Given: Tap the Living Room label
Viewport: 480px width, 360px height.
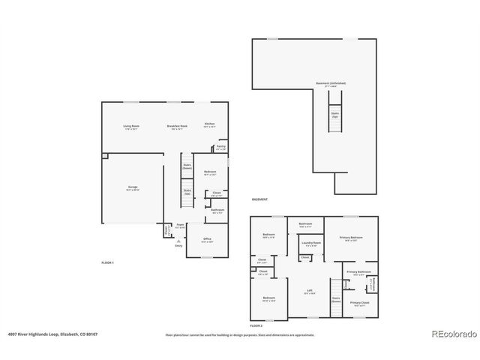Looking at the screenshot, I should tap(131, 127).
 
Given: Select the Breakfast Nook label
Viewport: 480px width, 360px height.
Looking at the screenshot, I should tap(178, 127).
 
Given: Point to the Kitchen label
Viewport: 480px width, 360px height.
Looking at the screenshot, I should tap(209, 125).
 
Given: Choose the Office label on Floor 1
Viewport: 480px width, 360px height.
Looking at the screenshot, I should tap(207, 241).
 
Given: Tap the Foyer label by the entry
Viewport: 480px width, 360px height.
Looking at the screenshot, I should tap(180, 226).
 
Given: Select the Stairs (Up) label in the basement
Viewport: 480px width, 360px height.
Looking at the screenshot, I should tap(334, 115).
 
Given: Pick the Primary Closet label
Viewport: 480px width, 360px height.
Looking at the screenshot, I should tap(358, 304).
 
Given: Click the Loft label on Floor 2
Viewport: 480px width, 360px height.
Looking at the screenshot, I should tap(309, 292).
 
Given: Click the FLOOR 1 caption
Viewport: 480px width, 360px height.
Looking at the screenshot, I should tap(108, 262).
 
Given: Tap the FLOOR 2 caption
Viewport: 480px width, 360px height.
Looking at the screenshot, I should tap(256, 326).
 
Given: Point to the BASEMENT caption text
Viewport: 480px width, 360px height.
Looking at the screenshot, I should tap(259, 199).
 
